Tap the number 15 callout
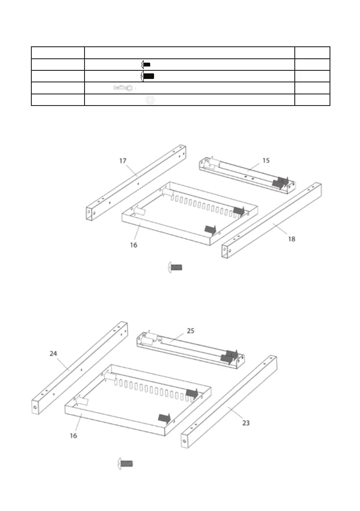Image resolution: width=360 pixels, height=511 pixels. [x=266, y=160]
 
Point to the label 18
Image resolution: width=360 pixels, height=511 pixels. [x=291, y=239]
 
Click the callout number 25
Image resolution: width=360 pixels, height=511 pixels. [x=191, y=331]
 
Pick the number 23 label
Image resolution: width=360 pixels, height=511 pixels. [x=245, y=423]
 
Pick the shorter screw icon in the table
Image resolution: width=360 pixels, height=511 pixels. [x=146, y=64]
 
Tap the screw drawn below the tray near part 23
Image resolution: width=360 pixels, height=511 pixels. [x=125, y=463]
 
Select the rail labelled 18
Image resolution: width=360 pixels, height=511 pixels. [x=275, y=219]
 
